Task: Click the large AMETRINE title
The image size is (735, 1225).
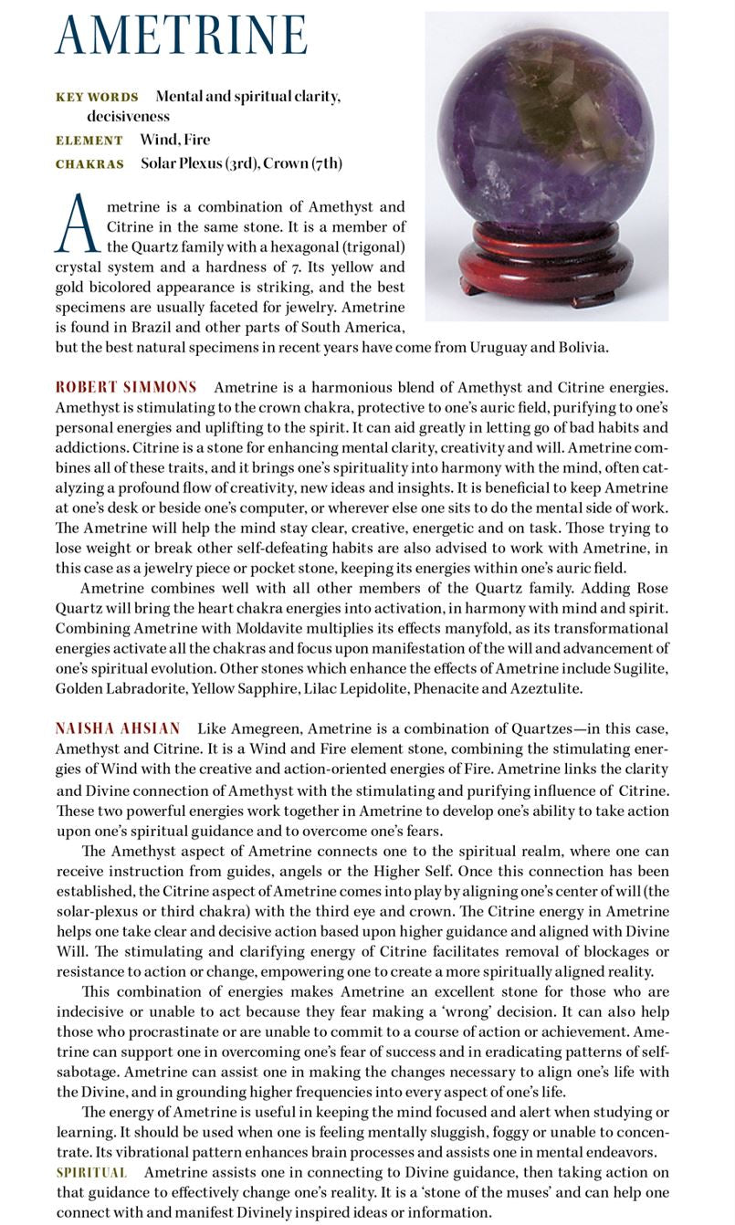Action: coord(181,37)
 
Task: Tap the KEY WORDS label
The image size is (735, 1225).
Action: coord(97,97)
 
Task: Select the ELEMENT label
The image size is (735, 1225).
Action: coord(89,141)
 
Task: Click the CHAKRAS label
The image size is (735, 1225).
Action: coord(89,164)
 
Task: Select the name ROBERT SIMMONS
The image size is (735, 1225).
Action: coord(126,388)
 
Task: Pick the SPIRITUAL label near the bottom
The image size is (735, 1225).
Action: coord(91,1172)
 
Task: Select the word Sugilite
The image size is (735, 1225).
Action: coord(639,669)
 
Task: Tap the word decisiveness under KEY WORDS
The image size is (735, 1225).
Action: coord(128,117)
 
